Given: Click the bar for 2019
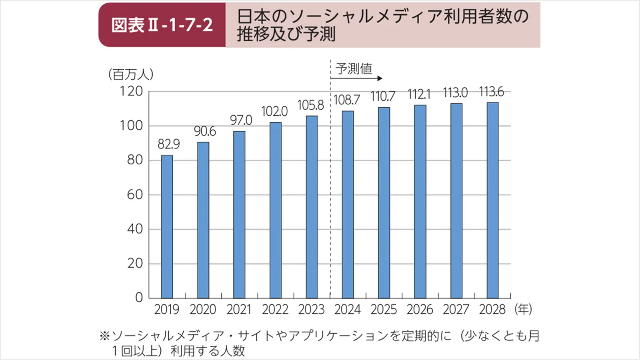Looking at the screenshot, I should pyautogui.click(x=167, y=227).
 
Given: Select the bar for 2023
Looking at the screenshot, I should pyautogui.click(x=312, y=207).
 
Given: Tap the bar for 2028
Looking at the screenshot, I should pyautogui.click(x=492, y=200).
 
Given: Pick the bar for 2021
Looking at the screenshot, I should pyautogui.click(x=239, y=214).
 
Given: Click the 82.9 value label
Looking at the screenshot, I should pyautogui.click(x=168, y=144).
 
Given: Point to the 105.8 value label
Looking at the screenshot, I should pyautogui.click(x=310, y=105).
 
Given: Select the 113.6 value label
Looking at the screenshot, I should pyautogui.click(x=491, y=92).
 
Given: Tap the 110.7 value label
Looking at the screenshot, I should pyautogui.click(x=383, y=96).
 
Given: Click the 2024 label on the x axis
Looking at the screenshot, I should pyautogui.click(x=347, y=310).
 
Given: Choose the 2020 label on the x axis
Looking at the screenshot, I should pyautogui.click(x=203, y=310).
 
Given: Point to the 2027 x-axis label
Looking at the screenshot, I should pyautogui.click(x=456, y=310).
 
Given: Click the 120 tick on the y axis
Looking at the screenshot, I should pyautogui.click(x=131, y=91).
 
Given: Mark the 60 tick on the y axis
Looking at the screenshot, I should pyautogui.click(x=135, y=195).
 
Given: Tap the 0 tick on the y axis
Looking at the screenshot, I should pyautogui.click(x=139, y=298).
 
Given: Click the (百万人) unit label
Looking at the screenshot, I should pyautogui.click(x=131, y=74).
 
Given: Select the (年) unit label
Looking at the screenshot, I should pyautogui.click(x=523, y=309).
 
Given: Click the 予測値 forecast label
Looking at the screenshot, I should pyautogui.click(x=354, y=69).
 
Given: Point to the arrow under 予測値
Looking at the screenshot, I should pyautogui.click(x=357, y=78).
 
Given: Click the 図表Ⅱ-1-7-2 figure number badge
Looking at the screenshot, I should pyautogui.click(x=162, y=25).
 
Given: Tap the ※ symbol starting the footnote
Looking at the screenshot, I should pyautogui.click(x=104, y=336).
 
